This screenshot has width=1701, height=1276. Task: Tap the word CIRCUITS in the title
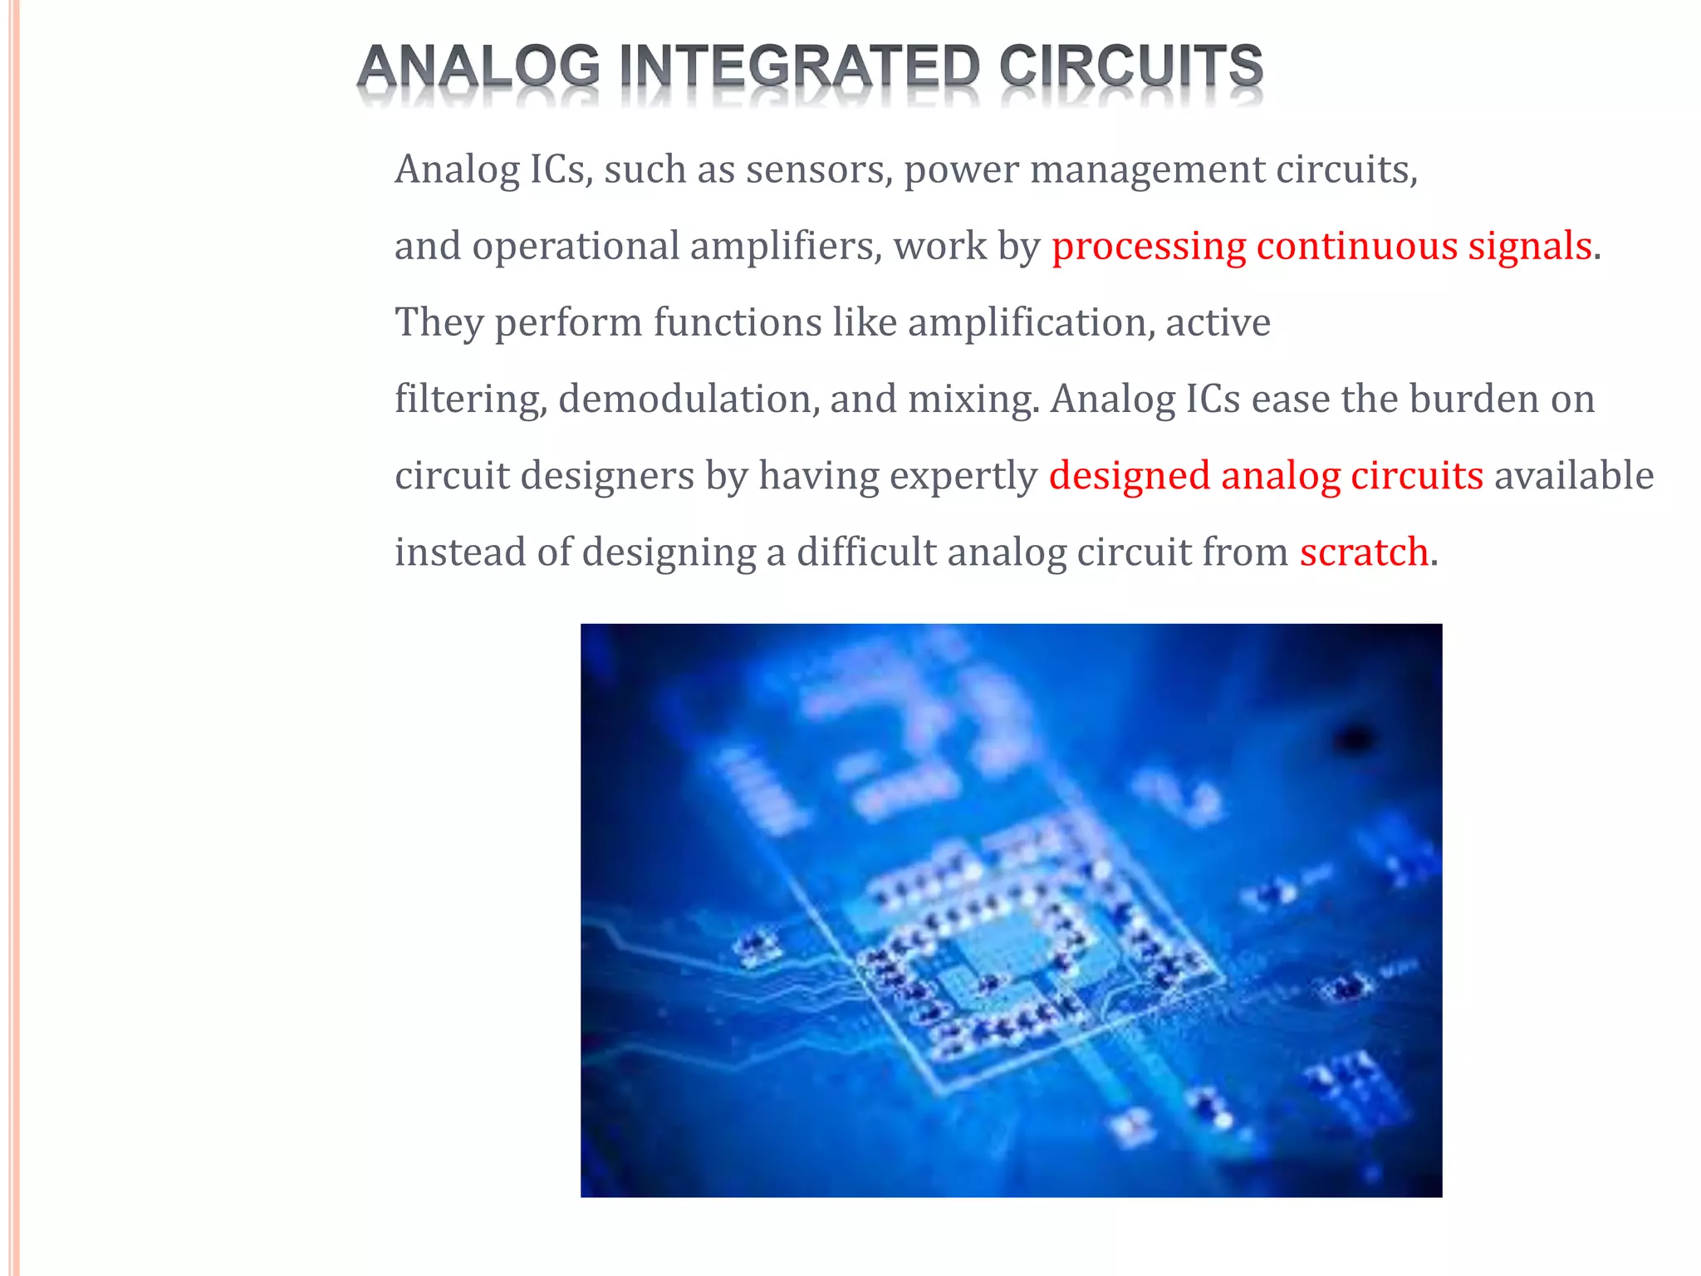(x=1130, y=66)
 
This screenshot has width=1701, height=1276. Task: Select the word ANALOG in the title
(x=478, y=66)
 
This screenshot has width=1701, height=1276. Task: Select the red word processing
(x=1149, y=247)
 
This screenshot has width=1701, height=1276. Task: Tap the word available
(x=1574, y=477)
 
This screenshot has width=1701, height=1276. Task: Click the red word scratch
(x=1364, y=553)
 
